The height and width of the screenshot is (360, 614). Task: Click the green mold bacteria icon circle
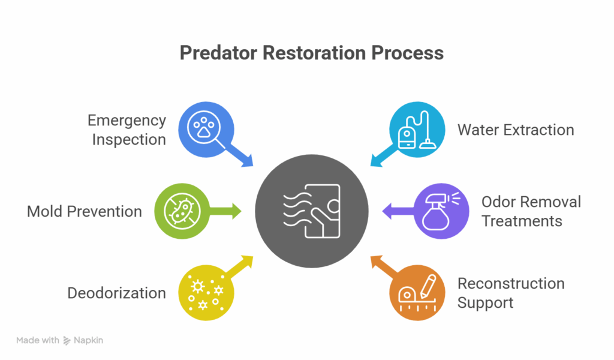click(x=178, y=211)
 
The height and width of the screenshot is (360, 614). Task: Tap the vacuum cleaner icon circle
click(x=417, y=129)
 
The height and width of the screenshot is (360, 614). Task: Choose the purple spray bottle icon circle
click(x=442, y=211)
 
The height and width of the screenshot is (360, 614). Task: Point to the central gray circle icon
click(x=311, y=211)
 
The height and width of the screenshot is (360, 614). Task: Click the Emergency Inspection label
click(x=127, y=130)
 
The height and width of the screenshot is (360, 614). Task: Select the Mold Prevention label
click(x=85, y=211)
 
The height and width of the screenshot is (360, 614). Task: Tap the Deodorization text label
click(x=116, y=293)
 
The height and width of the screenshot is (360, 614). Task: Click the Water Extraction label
click(x=515, y=130)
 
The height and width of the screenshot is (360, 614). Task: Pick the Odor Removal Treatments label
click(x=531, y=211)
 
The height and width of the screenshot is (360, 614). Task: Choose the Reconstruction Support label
click(x=510, y=293)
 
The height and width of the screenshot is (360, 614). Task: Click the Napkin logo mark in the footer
click(x=67, y=340)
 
